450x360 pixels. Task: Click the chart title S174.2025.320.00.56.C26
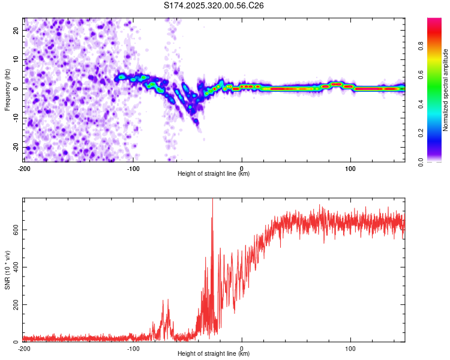[x=214, y=5]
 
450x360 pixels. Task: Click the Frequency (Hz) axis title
[x=7, y=90]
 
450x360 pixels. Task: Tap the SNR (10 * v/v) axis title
[x=7, y=270]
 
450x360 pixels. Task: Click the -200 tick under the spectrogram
[x=24, y=168]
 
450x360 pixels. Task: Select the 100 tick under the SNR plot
[x=350, y=348]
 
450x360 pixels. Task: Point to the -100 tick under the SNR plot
[x=133, y=348]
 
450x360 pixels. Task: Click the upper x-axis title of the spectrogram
[x=214, y=174]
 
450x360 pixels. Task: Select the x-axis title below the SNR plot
[x=214, y=354]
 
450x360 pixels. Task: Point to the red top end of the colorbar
[x=434, y=20]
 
